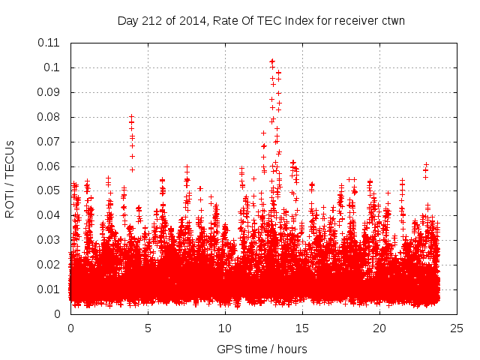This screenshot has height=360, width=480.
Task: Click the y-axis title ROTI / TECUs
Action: point(10,178)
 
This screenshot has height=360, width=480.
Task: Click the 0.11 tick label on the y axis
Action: point(51,43)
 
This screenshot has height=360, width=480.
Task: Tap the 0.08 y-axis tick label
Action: point(51,117)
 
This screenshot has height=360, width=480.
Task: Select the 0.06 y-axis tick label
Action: point(51,166)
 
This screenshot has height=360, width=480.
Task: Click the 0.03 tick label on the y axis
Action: point(51,240)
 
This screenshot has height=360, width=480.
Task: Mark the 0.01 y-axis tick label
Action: point(51,289)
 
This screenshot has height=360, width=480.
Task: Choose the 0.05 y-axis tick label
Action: point(51,190)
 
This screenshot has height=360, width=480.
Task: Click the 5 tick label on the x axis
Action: point(148,328)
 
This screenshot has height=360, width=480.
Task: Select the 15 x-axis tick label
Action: point(302,328)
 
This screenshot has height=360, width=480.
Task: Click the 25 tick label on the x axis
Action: point(457,328)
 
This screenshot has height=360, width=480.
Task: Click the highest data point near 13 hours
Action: point(272,61)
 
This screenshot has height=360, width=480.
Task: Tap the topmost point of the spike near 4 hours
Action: point(132,117)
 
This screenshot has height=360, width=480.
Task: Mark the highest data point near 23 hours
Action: point(426,164)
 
